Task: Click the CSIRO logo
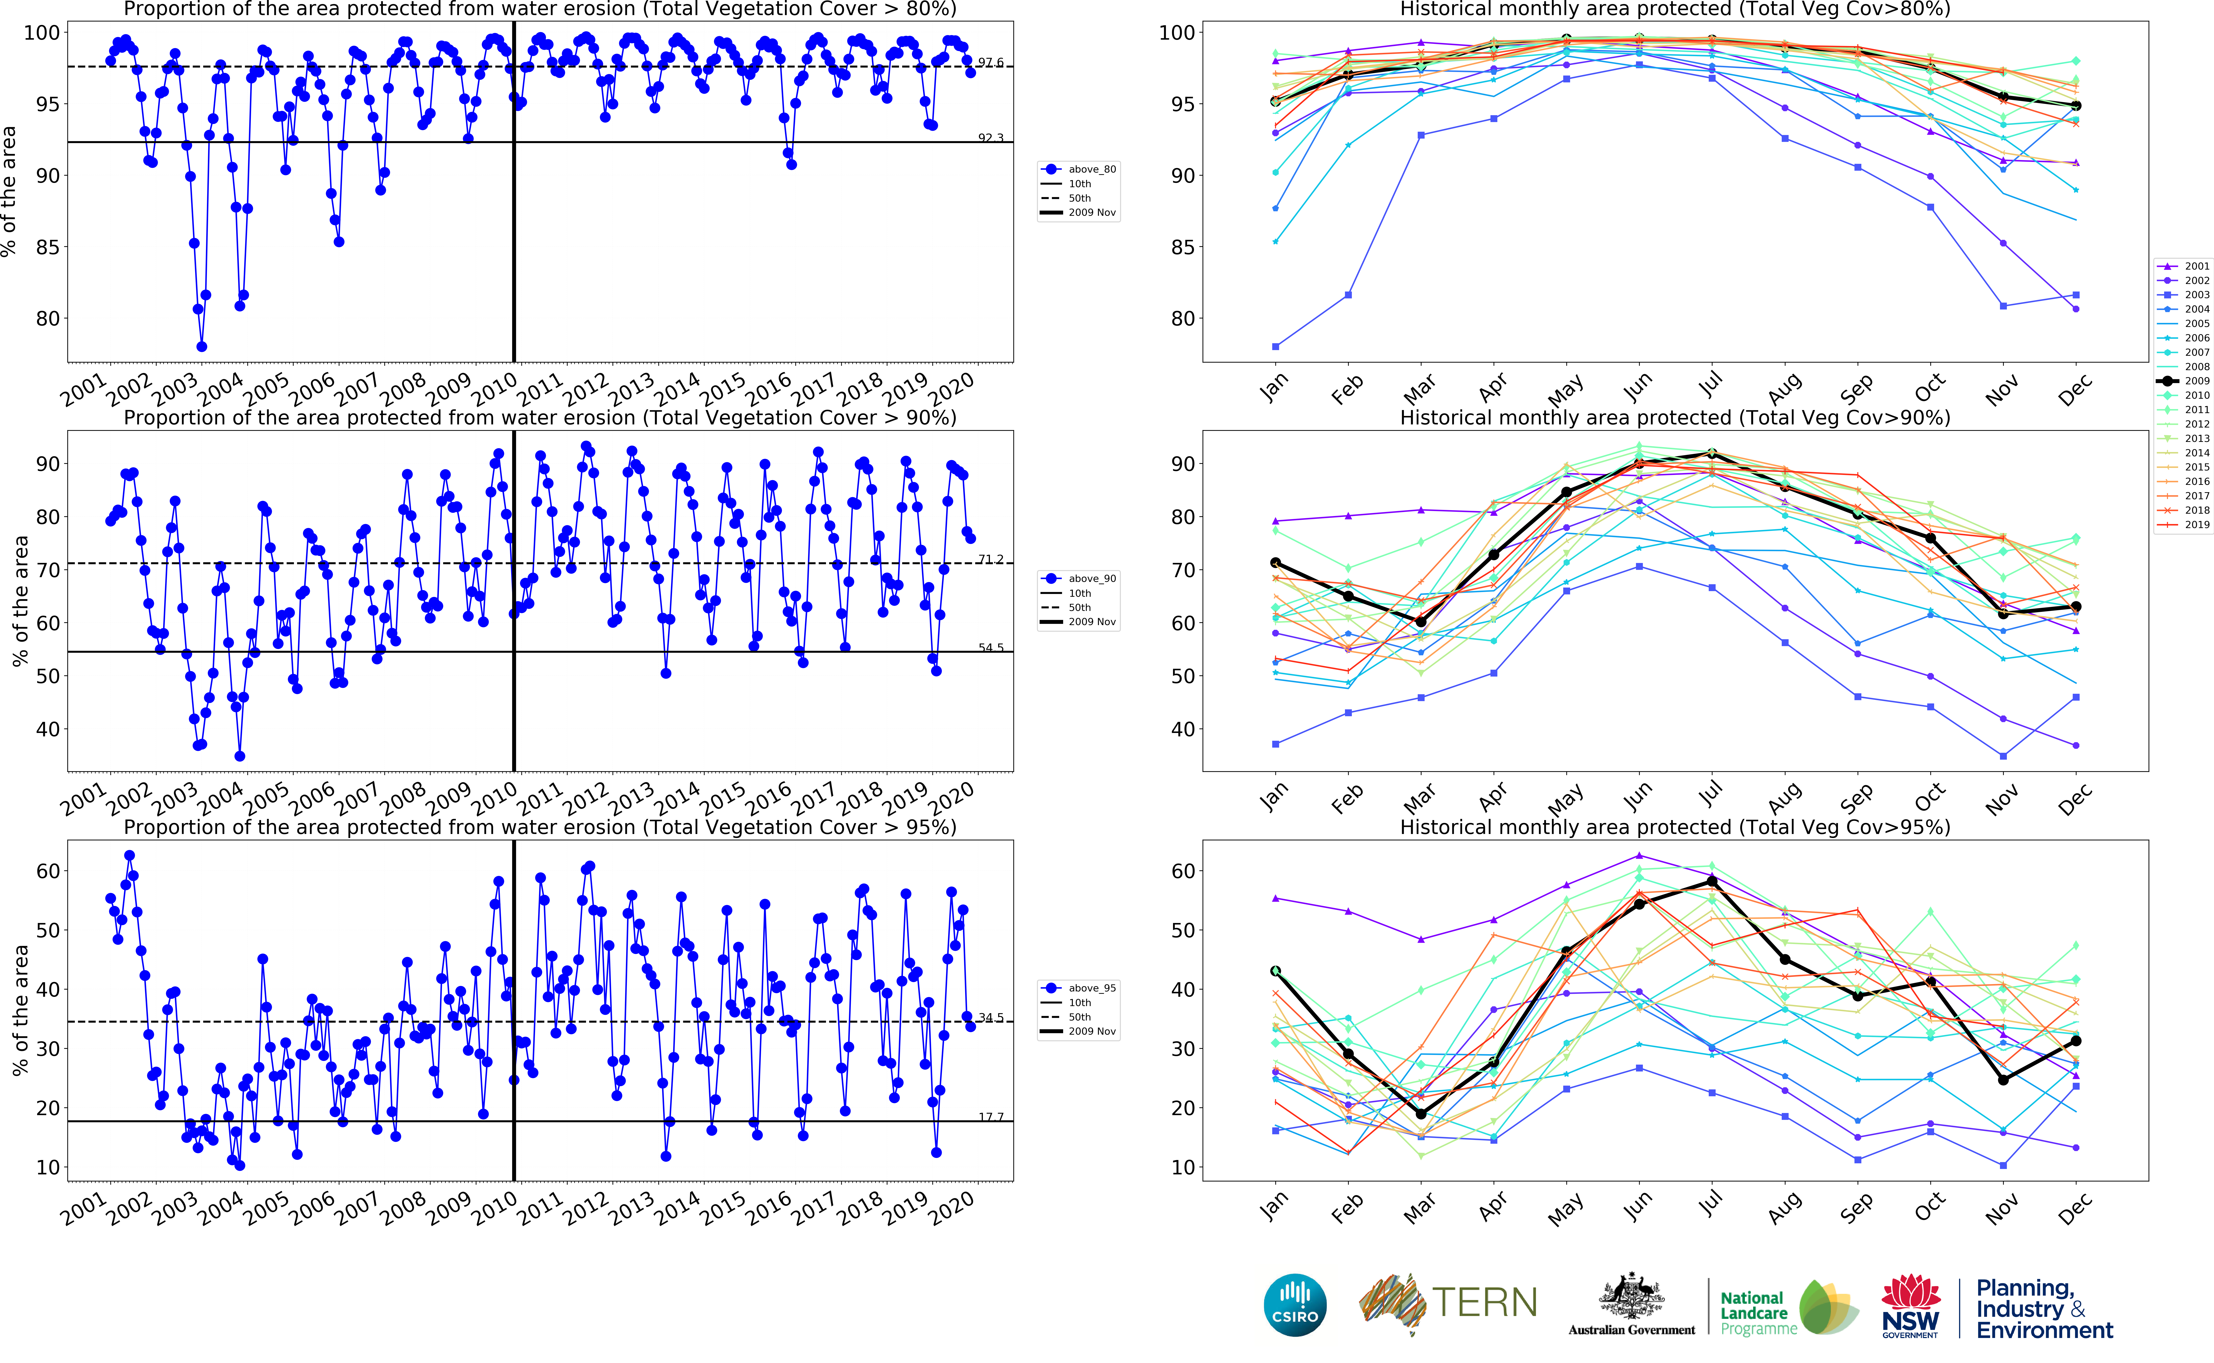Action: (x=1295, y=1304)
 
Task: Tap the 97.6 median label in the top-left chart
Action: (x=990, y=62)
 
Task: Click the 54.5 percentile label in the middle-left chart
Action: (x=990, y=647)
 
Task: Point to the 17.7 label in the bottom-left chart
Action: (x=990, y=1117)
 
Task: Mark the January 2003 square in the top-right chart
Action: (x=1275, y=346)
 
